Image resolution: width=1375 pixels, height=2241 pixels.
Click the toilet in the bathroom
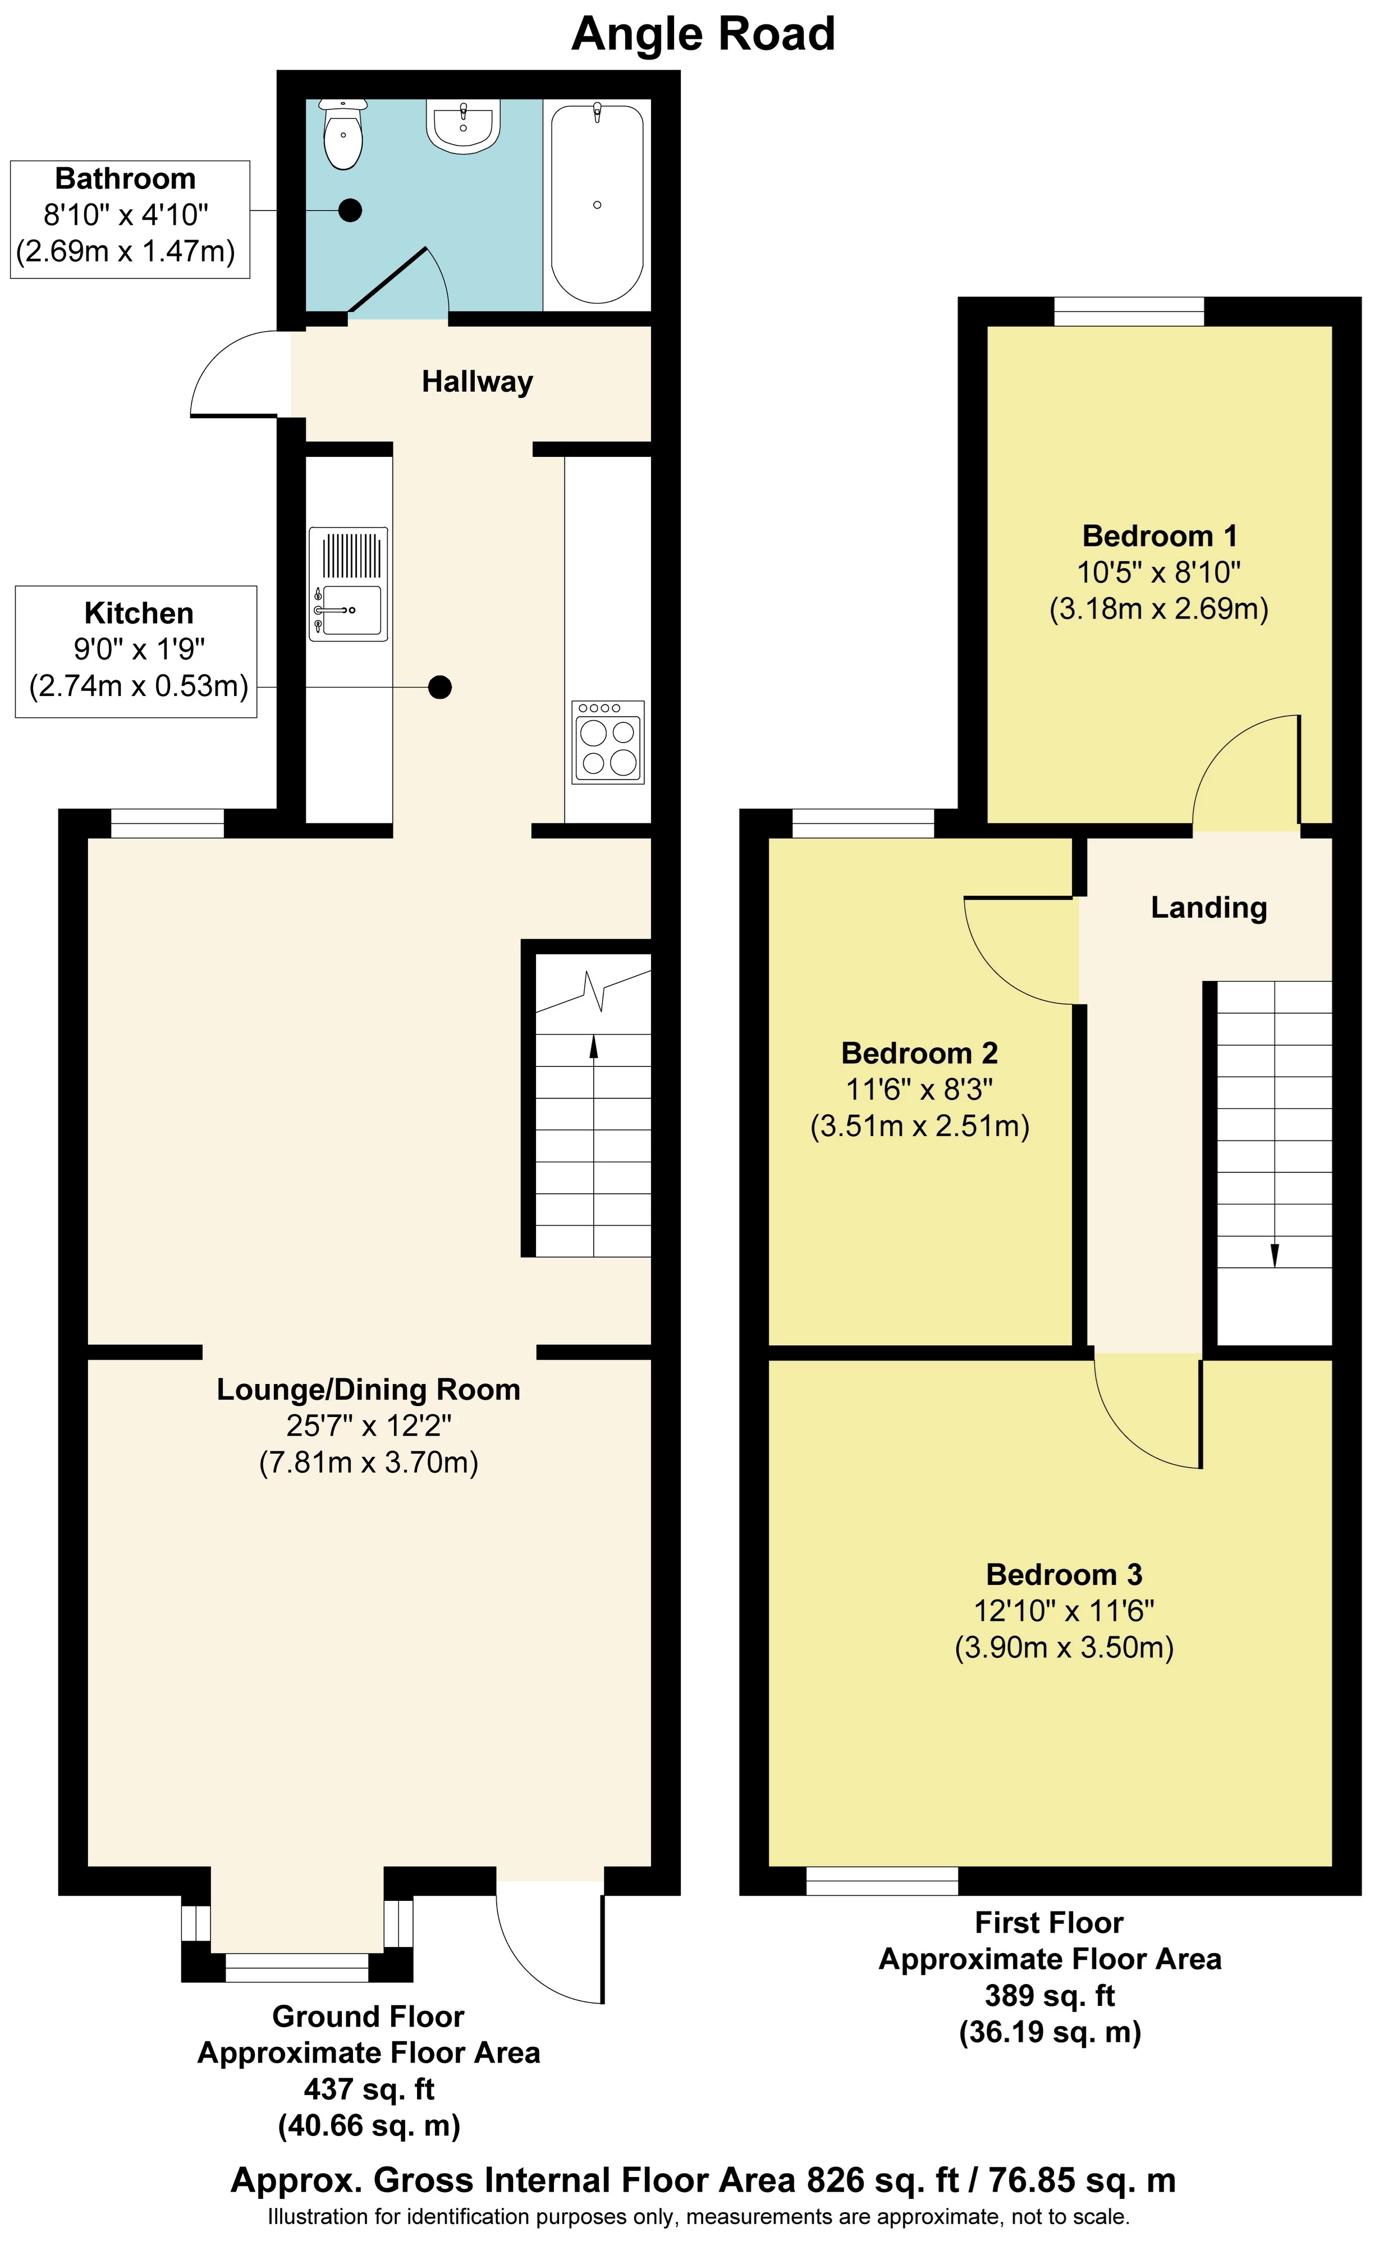point(343,136)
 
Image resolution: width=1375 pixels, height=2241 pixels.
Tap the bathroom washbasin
point(464,127)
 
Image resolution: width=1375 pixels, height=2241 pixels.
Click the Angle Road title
point(703,35)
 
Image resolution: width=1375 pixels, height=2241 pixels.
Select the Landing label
point(1208,907)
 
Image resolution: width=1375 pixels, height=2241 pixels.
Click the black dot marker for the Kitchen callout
point(440,687)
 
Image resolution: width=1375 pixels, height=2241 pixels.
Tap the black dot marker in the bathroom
point(350,210)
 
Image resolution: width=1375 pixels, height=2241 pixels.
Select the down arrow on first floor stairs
point(1274,1255)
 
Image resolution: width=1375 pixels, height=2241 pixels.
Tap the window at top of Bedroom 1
point(1129,312)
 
